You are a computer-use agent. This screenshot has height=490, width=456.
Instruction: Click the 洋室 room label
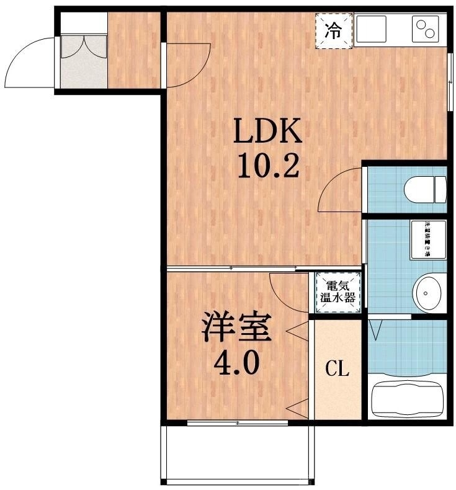tap(236, 329)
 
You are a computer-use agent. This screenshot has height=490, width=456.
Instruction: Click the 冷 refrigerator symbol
tap(333, 30)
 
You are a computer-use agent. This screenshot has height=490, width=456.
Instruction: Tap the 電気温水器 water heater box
tap(338, 292)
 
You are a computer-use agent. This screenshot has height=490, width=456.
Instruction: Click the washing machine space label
tap(427, 239)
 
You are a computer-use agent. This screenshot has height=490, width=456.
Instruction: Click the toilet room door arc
tap(339, 191)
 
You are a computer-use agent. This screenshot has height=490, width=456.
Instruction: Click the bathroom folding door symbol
tap(376, 329)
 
